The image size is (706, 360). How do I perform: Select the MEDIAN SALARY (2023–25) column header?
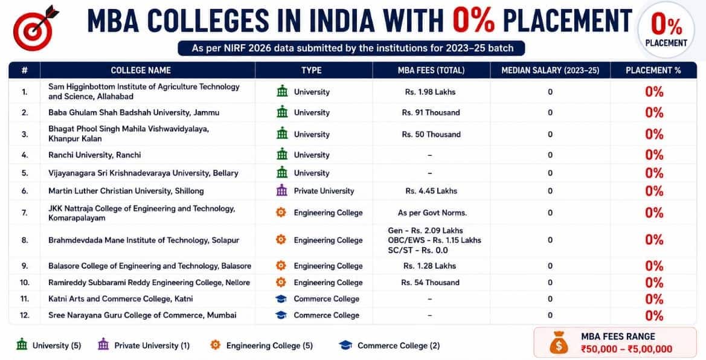[x=550, y=70]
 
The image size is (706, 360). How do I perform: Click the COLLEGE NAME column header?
[x=141, y=70]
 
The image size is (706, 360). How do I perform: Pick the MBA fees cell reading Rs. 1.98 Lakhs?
[x=431, y=92]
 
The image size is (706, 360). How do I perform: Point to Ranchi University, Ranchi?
[x=95, y=155]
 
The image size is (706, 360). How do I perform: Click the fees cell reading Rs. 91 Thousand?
[x=431, y=112]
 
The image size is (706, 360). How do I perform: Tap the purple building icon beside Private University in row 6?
[x=281, y=191]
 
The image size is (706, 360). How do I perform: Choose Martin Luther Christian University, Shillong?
[x=126, y=191]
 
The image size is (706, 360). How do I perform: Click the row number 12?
[x=25, y=315]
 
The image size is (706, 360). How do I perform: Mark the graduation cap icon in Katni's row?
[x=281, y=299]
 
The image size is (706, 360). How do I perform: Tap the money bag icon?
[x=558, y=342]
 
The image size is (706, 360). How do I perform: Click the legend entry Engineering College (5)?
[x=261, y=346]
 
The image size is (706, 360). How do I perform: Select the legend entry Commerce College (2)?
[x=390, y=346]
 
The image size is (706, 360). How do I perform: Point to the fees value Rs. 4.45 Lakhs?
[x=431, y=191]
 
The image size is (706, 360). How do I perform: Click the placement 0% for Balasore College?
[x=654, y=266]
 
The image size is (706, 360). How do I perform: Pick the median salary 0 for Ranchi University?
[x=550, y=155]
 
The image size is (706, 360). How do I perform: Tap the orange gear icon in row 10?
[x=281, y=283]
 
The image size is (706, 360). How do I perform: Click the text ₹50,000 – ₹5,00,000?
[x=626, y=349]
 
